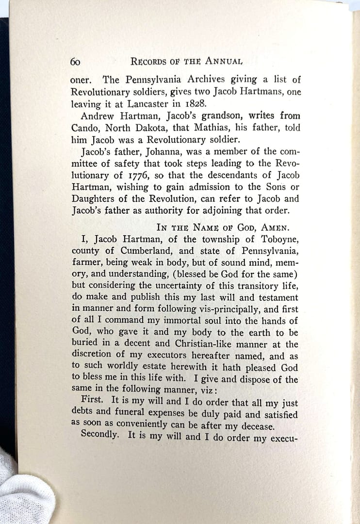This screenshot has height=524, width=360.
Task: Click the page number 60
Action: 75,62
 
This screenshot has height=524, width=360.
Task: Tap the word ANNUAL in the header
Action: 224,61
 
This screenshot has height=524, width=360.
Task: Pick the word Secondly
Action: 100,435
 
